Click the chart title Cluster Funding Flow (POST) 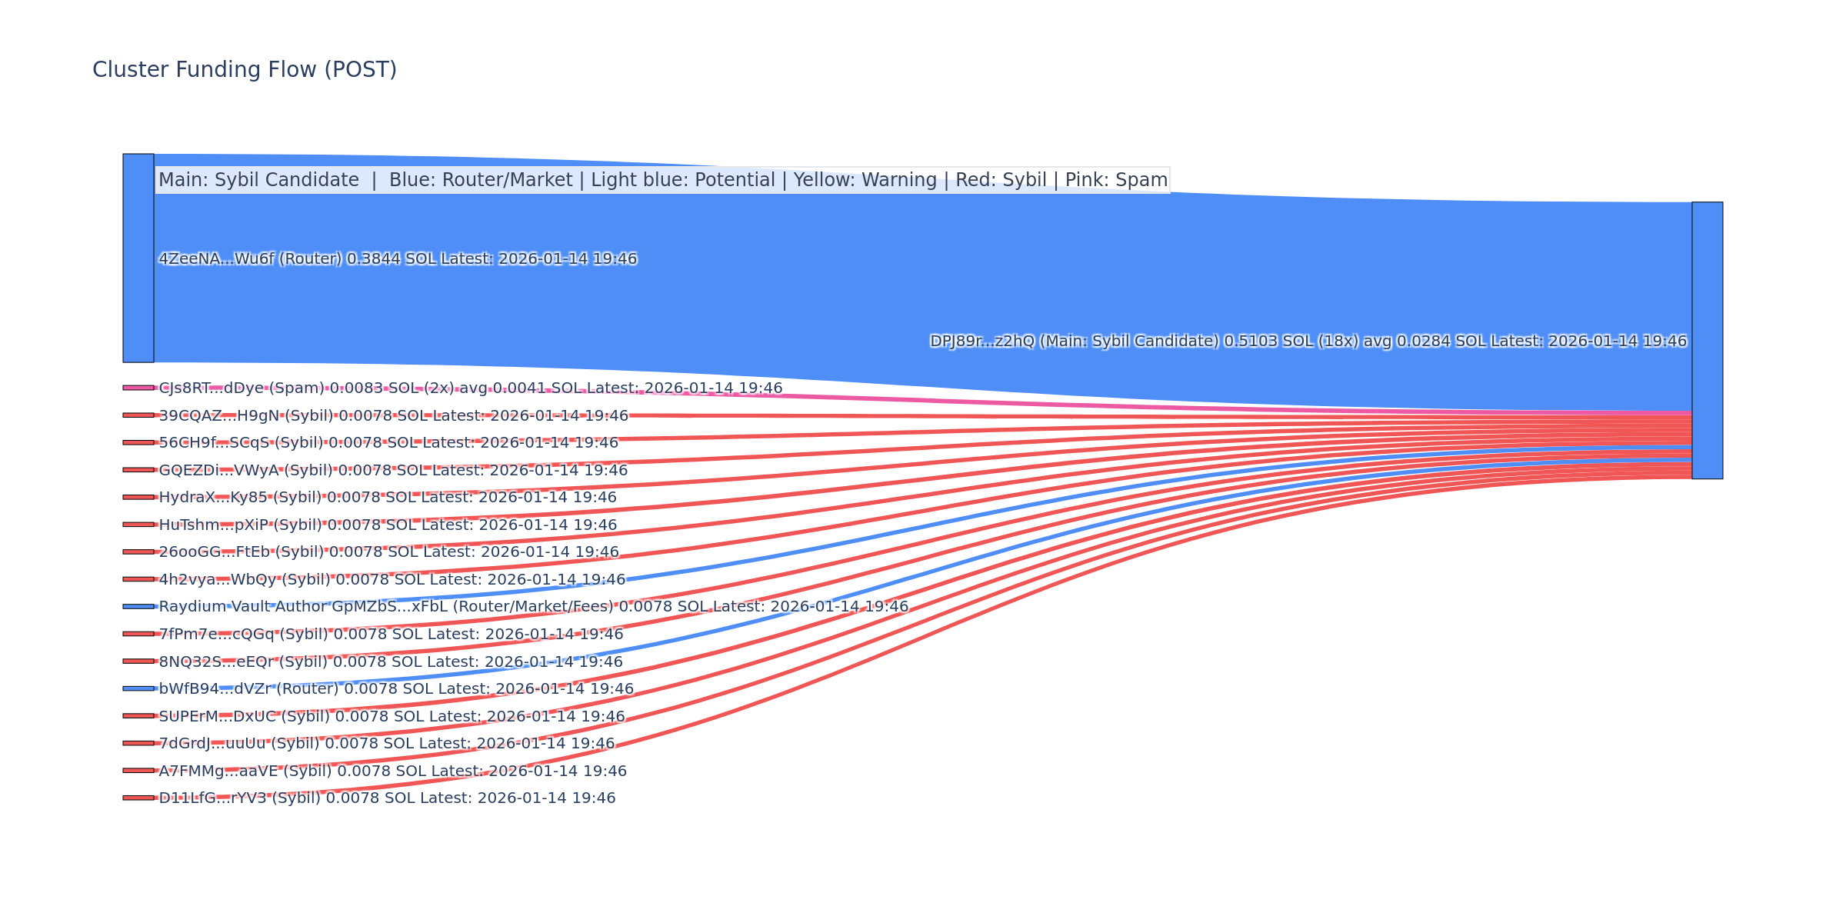click(245, 70)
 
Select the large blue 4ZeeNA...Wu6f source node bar click(138, 258)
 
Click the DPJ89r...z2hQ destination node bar click(1707, 340)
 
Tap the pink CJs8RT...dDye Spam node click(138, 388)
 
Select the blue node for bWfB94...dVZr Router click(138, 688)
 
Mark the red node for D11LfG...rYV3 click(138, 798)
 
